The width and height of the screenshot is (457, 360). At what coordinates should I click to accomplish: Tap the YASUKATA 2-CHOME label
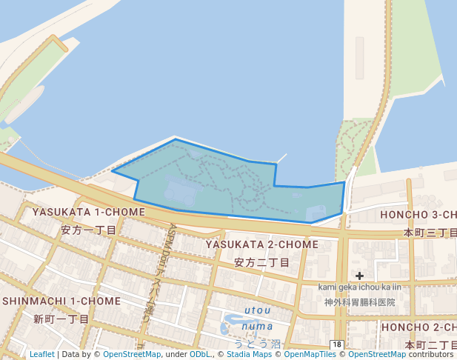point(262,244)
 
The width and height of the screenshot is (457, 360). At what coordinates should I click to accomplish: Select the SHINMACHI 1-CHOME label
point(61,301)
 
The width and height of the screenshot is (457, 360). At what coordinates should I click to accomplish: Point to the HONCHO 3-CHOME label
point(418,215)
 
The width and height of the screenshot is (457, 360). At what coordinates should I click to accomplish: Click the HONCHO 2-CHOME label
point(418,327)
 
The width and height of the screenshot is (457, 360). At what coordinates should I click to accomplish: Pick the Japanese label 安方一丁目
point(89,230)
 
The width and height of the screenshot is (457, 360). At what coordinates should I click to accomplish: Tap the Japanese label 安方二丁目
point(261,262)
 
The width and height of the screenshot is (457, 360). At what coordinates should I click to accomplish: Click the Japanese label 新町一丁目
point(61,319)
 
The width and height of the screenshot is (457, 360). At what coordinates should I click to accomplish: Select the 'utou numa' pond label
point(258,318)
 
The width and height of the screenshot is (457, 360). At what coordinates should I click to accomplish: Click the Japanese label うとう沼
point(258,344)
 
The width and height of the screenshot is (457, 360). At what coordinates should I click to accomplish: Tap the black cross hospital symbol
point(359,276)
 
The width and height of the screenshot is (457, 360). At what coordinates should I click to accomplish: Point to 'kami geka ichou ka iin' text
point(359,287)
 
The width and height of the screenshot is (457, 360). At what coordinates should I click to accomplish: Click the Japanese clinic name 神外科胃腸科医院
point(359,302)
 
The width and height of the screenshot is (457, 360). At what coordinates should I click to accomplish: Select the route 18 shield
point(336,344)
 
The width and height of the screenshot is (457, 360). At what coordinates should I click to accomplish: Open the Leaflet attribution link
point(41,354)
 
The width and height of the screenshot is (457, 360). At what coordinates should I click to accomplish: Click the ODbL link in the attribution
point(200,354)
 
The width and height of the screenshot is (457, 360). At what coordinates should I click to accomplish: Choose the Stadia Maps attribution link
point(248,354)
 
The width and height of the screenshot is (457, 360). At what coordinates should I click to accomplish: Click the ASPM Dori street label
point(179,259)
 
